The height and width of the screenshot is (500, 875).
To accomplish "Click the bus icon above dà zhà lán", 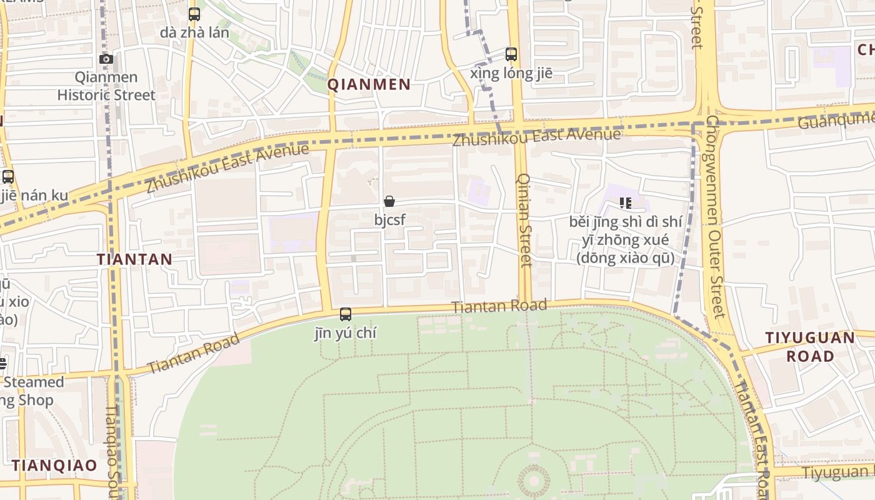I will [194, 14].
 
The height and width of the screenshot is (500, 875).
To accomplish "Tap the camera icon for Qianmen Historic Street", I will [106, 59].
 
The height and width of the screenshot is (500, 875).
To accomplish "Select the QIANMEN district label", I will [369, 84].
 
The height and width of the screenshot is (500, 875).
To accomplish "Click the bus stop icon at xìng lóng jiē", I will [511, 54].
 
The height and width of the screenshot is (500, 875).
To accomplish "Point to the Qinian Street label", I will [524, 220].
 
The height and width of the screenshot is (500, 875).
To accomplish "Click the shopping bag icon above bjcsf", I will [389, 201].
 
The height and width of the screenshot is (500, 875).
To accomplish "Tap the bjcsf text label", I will [389, 220].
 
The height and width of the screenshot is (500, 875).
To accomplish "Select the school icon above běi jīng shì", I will [625, 203].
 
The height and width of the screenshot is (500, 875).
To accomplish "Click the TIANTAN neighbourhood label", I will [134, 259].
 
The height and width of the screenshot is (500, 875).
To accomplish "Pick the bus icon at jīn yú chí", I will [346, 314].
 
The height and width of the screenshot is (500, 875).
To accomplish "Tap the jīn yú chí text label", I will [346, 333].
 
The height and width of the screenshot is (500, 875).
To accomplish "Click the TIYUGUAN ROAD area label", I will [810, 347].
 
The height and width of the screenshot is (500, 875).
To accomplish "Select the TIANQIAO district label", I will [54, 466].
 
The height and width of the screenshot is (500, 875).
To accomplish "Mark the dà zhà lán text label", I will [194, 32].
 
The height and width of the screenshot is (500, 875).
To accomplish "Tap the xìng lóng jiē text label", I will [511, 73].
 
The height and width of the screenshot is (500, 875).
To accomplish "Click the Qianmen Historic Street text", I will [106, 86].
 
